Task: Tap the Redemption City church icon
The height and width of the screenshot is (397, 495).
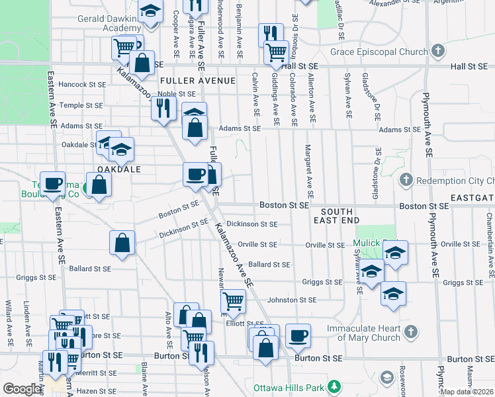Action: point(406,180)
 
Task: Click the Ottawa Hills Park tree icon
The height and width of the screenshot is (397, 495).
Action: point(335,385)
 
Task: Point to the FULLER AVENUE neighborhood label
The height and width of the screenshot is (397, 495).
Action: point(198,81)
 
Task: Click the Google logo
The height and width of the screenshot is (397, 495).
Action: point(22,389)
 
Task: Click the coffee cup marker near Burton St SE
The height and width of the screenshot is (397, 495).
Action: point(298,335)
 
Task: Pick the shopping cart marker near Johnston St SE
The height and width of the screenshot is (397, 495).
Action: point(233,301)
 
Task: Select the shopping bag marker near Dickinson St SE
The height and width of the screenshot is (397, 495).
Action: point(122,242)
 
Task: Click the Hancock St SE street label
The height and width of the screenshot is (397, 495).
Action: point(82,85)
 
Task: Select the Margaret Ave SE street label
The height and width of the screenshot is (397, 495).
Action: point(308,171)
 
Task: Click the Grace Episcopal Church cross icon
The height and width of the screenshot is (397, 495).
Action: point(437,51)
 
